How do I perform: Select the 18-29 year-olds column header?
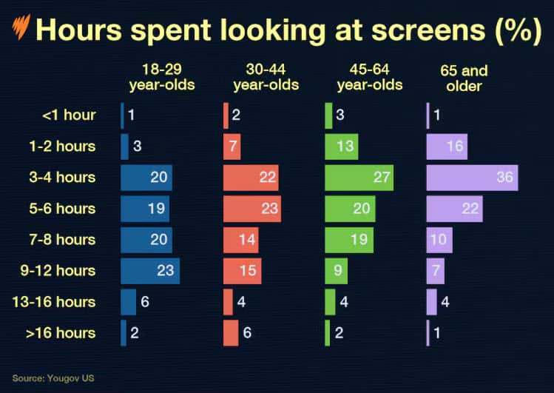click(x=162, y=78)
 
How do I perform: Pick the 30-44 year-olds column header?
click(x=266, y=78)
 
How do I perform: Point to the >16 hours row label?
click(x=61, y=333)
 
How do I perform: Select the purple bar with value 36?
click(x=472, y=178)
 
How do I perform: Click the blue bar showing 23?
click(x=150, y=271)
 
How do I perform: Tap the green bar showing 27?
click(x=359, y=178)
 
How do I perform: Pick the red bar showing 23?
click(x=251, y=209)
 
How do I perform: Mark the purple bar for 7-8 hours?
click(x=439, y=240)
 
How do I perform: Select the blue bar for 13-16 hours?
click(x=128, y=302)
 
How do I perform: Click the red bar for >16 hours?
click(x=231, y=333)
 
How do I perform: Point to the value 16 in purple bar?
click(x=454, y=147)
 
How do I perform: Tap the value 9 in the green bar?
click(x=338, y=271)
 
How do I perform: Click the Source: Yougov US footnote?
click(x=53, y=378)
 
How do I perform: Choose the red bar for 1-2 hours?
click(x=232, y=147)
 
